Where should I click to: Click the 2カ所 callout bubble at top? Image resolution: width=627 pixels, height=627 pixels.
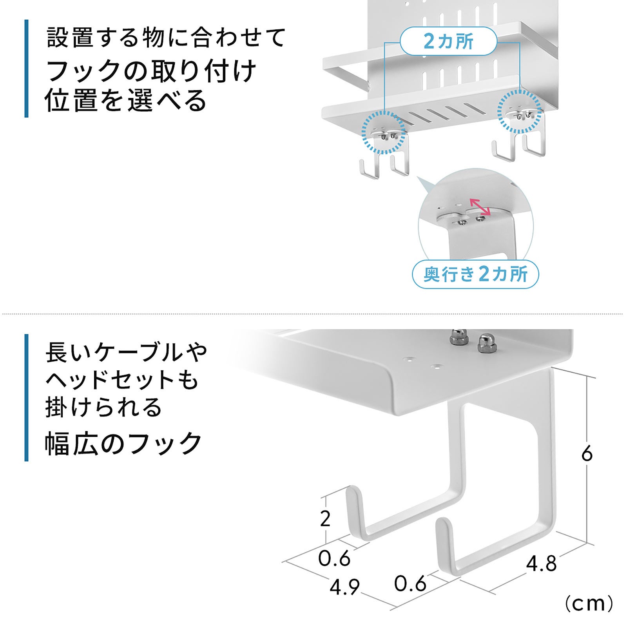[x=448, y=41]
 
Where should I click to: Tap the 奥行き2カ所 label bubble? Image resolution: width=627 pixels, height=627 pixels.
[x=475, y=274]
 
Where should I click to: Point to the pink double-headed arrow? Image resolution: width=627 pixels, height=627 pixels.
[x=480, y=207]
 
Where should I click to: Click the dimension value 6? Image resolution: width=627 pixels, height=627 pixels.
[x=587, y=454]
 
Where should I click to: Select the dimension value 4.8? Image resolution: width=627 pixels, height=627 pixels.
[x=541, y=564]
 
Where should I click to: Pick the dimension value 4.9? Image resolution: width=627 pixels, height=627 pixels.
[x=345, y=587]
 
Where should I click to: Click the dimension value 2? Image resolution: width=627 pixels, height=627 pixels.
[x=325, y=519]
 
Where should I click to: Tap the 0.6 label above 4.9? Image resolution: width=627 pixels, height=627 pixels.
[x=334, y=558]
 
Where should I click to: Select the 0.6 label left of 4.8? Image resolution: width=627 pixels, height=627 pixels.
[x=410, y=584]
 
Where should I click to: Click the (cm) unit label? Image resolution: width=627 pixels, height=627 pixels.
[x=589, y=604]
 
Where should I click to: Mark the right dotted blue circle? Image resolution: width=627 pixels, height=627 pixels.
[x=519, y=112]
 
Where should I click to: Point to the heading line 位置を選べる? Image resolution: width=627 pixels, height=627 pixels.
[x=125, y=101]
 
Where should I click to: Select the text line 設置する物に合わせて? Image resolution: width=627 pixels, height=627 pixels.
[x=166, y=38]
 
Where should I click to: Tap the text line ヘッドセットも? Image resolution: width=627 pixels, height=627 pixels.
[x=122, y=380]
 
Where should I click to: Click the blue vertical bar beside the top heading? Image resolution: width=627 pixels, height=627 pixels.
[x=26, y=69]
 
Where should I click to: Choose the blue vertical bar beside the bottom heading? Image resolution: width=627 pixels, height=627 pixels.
[x=26, y=397]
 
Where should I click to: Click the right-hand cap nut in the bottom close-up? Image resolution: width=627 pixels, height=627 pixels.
[x=485, y=342]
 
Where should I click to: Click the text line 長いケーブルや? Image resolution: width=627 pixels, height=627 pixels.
[x=126, y=352]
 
